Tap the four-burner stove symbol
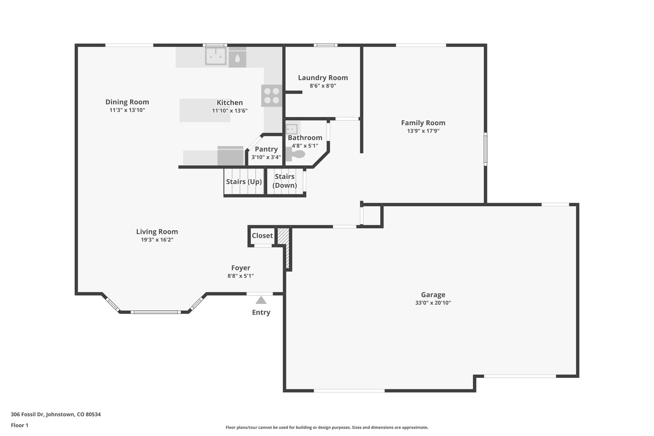click(272, 96)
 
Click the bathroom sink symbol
click(292, 129)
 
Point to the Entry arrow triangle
click(261, 300)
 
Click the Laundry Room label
click(323, 78)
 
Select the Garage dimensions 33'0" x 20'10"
click(433, 303)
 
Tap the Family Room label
click(423, 123)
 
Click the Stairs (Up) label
click(244, 182)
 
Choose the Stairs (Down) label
click(285, 181)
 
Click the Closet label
click(262, 236)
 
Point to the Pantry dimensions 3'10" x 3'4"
click(266, 157)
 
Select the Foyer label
click(240, 268)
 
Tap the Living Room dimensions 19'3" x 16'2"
click(157, 240)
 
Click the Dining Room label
click(127, 102)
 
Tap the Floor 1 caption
click(19, 425)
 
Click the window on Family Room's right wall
click(485, 149)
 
